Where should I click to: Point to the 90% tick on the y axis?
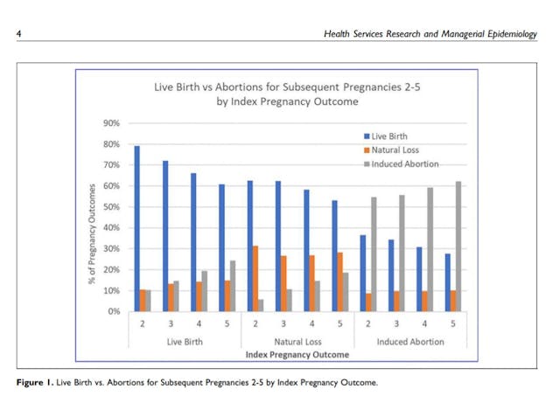pyautogui.click(x=113, y=123)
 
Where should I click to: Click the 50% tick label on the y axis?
pyautogui.click(x=113, y=207)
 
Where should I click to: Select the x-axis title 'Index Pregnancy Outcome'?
pyautogui.click(x=297, y=355)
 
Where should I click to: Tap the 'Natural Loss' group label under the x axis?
pyautogui.click(x=297, y=342)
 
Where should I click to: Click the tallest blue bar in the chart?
pyautogui.click(x=136, y=229)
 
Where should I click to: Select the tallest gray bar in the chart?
pyautogui.click(x=458, y=247)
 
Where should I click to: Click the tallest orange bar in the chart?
pyautogui.click(x=255, y=278)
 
